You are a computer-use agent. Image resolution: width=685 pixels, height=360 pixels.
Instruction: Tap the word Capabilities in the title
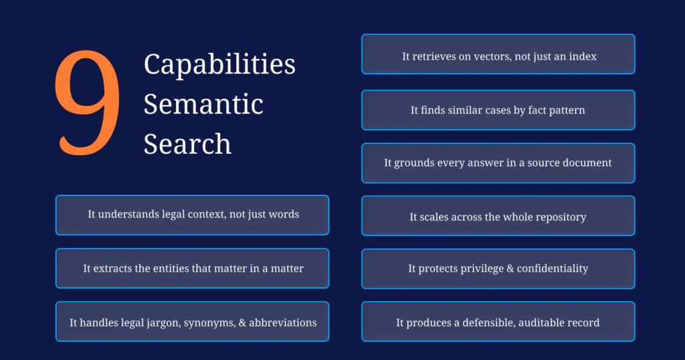click(x=219, y=64)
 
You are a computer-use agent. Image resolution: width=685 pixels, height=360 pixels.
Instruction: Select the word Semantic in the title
click(x=203, y=104)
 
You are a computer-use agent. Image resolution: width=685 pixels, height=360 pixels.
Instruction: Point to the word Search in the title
click(x=187, y=144)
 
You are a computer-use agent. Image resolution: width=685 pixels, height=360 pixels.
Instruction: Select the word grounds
click(x=412, y=163)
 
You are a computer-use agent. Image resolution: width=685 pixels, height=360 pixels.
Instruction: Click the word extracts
click(x=112, y=268)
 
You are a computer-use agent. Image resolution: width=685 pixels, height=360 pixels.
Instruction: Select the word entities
click(x=171, y=268)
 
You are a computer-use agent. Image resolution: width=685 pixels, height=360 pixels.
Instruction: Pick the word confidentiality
click(x=553, y=268)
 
